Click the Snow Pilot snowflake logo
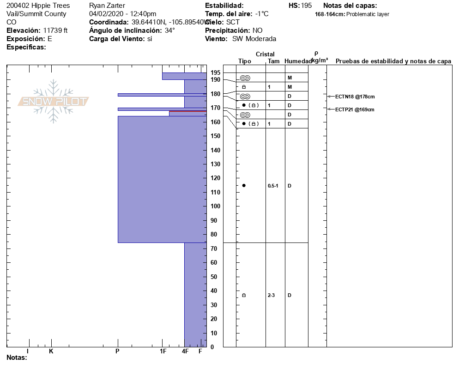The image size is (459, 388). [54, 101]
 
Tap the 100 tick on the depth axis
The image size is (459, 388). [215, 206]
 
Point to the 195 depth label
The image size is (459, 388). [215, 73]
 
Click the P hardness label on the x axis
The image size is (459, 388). [118, 352]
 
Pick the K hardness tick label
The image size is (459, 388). [51, 352]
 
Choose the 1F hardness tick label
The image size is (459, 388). [163, 352]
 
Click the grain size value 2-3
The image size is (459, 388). [271, 295]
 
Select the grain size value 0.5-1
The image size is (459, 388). [273, 186]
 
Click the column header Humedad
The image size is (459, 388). [298, 61]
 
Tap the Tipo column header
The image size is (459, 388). [245, 61]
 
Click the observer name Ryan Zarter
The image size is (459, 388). [107, 6]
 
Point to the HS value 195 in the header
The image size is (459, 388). [306, 6]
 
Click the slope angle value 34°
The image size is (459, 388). [170, 30]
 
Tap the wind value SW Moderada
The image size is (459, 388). [254, 39]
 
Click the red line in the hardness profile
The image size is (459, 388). [187, 111]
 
